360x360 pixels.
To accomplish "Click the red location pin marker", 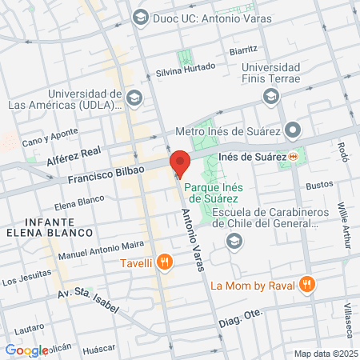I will [x=179, y=163].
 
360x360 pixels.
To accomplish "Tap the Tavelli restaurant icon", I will [x=164, y=261].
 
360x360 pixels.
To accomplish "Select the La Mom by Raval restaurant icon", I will [x=306, y=284].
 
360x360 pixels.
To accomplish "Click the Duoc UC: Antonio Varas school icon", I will [x=142, y=17].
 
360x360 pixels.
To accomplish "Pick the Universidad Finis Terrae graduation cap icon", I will [x=271, y=96].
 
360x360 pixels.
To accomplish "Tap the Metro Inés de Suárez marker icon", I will [x=294, y=130].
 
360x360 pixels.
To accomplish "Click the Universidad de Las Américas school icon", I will [x=134, y=98].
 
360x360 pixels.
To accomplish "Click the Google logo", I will [x=26, y=350].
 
